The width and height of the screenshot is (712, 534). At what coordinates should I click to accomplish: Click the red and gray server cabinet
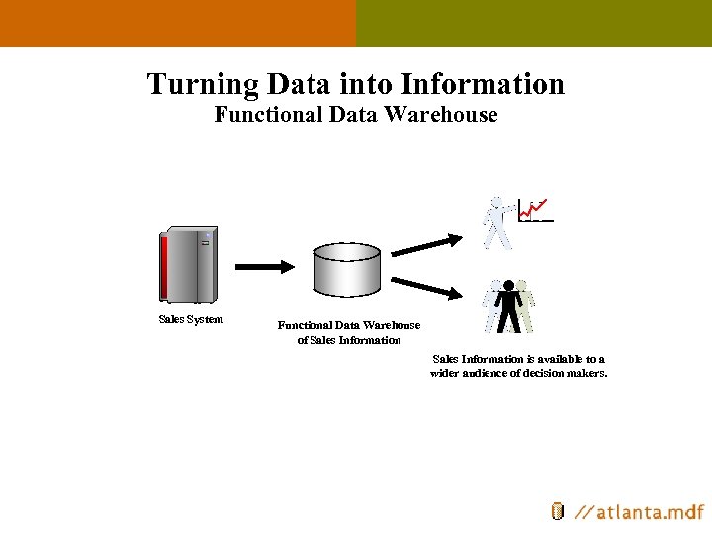pos(189,265)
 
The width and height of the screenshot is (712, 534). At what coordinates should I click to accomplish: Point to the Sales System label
pos(191,319)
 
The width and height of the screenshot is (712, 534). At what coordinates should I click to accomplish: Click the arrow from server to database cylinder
pos(264,266)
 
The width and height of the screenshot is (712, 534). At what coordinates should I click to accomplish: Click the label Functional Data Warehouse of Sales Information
pos(348,332)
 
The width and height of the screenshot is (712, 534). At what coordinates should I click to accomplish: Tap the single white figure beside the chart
pos(497,222)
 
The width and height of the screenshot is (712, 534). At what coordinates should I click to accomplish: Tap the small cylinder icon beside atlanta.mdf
pos(558,511)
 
